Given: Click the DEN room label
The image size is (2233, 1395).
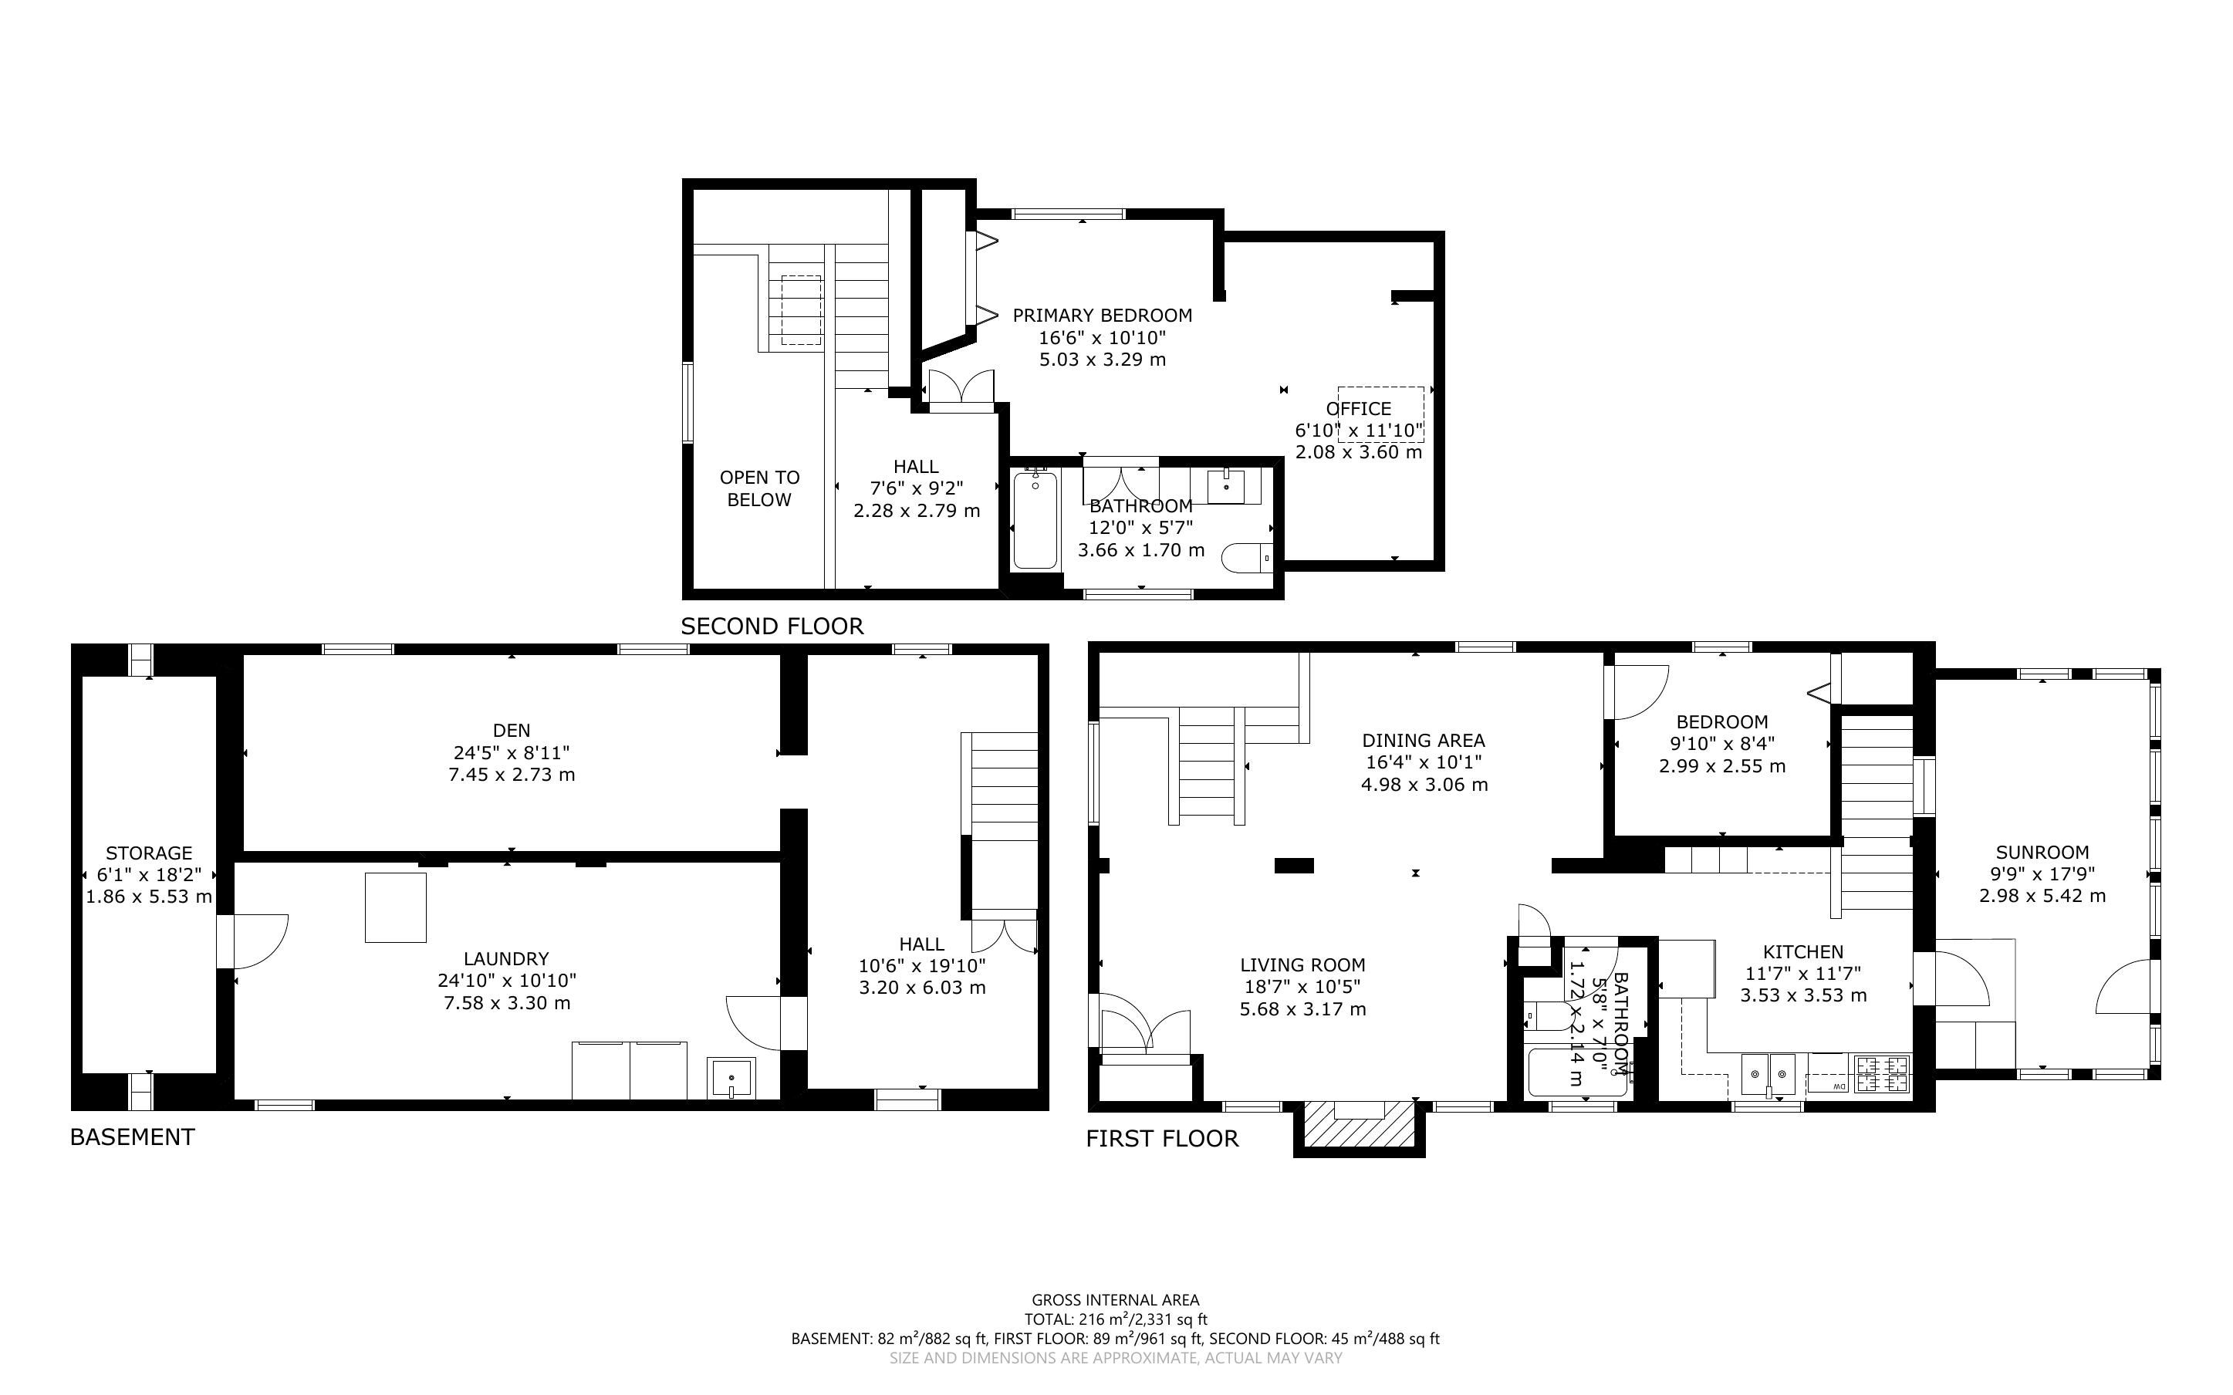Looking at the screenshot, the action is [x=511, y=731].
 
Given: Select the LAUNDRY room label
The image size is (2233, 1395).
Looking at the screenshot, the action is [x=506, y=958].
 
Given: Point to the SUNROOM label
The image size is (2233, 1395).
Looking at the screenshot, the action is [x=2042, y=853].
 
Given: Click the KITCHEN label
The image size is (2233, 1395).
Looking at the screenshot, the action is [x=1803, y=952].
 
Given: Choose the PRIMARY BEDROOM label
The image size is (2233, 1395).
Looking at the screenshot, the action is [x=1102, y=316].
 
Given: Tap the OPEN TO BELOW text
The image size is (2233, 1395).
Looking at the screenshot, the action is [x=759, y=489].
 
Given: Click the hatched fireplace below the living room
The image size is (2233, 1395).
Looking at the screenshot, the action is [x=1359, y=1123].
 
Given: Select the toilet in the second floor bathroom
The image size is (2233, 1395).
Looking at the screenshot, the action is [x=1248, y=557].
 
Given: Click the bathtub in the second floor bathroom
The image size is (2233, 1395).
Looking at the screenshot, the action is [x=1035, y=519].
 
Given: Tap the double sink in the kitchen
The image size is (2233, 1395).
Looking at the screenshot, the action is [x=1768, y=1075].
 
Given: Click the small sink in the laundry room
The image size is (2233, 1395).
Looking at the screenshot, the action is [x=731, y=1079].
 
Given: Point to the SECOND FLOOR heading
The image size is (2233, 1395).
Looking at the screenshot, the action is [x=772, y=627].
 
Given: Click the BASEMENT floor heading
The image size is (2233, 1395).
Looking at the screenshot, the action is [x=133, y=1137].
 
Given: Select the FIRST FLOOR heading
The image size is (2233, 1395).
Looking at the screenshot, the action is [x=1162, y=1139].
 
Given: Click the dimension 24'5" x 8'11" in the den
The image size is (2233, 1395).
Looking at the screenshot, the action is [x=511, y=753].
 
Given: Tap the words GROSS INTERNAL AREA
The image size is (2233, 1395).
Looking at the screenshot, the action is [x=1115, y=1301].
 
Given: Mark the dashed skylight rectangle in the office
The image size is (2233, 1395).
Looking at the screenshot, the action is [x=1380, y=414].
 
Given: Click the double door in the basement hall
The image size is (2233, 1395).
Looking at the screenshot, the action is [x=1004, y=931].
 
